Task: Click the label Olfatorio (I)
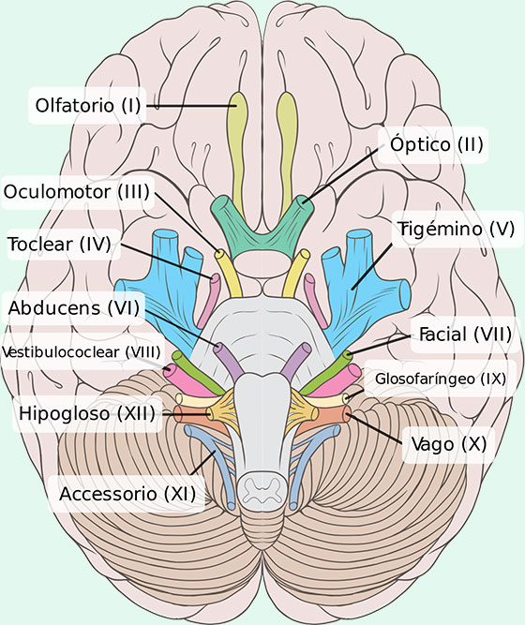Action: coord(88,106)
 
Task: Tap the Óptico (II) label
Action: coord(437,144)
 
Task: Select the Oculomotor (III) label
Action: coord(77,192)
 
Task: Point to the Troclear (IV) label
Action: coord(60,244)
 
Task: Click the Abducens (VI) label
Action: coord(74,308)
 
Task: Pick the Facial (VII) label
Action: coord(465,335)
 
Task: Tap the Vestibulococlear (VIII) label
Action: coord(82,352)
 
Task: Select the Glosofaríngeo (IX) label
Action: coord(441,379)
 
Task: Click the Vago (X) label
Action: coord(449,444)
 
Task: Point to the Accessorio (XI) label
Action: coord(127,494)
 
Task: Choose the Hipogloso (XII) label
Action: coord(87,413)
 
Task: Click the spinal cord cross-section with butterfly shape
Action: coord(262,489)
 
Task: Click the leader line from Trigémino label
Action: coord(372,266)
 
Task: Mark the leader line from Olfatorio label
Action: coord(191,106)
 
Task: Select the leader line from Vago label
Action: coord(372,428)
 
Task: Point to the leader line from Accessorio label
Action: coord(203,462)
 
